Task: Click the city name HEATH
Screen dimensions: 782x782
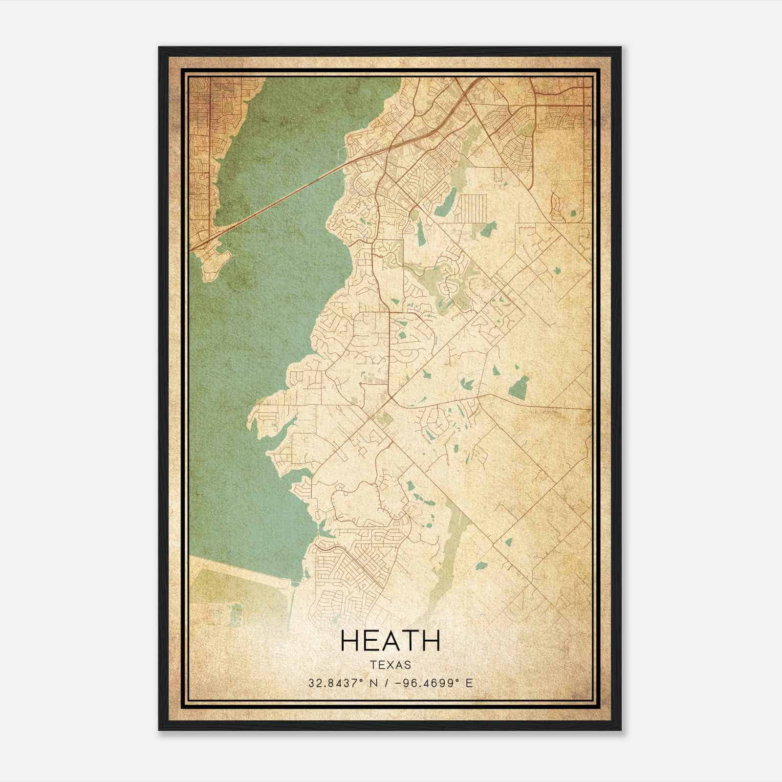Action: coord(390,641)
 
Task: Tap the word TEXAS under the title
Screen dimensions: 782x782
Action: coord(390,665)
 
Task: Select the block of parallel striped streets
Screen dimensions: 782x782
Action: coord(472,208)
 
